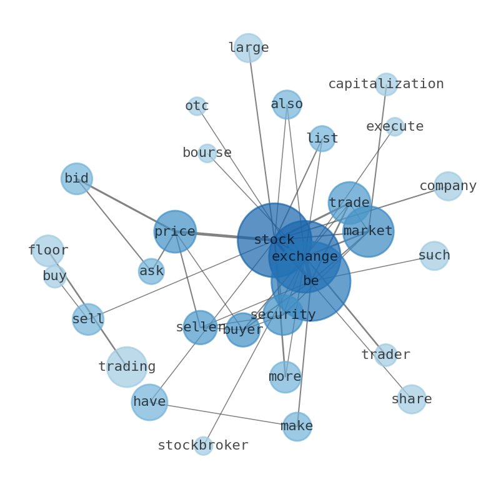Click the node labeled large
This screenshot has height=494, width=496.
pos(249,48)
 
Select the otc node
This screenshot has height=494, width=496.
pos(197,106)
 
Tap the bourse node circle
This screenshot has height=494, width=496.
pos(207,153)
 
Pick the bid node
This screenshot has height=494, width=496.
pos(77,179)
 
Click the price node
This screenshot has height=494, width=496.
pos(175,231)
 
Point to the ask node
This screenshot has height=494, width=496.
pos(152,271)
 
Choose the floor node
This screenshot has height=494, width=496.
pos(48,251)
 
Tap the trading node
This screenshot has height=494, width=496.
pos(127,367)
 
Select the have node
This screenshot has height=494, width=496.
pos(149,402)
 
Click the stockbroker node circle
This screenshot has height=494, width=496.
pos(204,446)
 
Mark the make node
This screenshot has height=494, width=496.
pos(297,426)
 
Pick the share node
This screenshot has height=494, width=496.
pos(412,399)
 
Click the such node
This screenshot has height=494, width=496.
pos(434,256)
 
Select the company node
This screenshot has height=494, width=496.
pos(449,186)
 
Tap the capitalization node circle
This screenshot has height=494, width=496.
pos(386,84)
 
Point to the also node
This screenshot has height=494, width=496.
pos(287,104)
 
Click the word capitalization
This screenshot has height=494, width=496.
pos(386,84)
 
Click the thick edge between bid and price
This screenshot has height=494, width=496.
pos(126,205)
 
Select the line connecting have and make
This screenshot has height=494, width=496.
pos(223,414)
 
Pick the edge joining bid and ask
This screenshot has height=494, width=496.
pos(114,225)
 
